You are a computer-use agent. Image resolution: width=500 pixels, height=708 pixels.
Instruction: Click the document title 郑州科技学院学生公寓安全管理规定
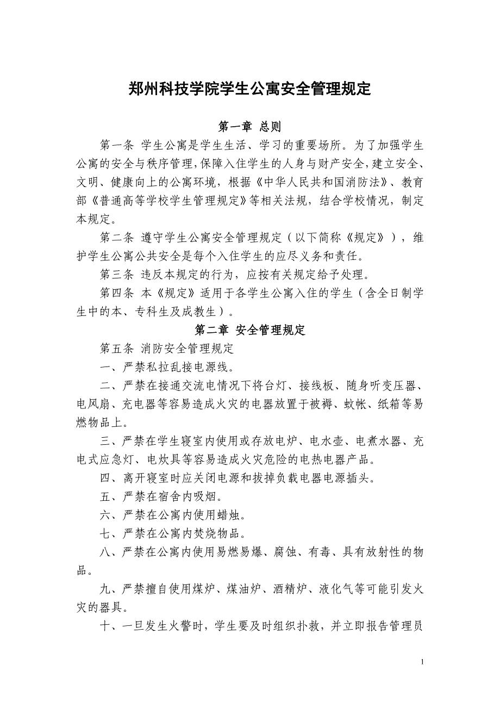coord(249,89)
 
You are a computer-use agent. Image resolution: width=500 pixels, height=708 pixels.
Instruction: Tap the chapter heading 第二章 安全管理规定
coord(249,330)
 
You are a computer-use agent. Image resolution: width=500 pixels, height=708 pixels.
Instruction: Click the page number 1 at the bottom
coord(423,662)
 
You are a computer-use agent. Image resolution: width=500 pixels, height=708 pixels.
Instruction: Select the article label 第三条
coord(117,275)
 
